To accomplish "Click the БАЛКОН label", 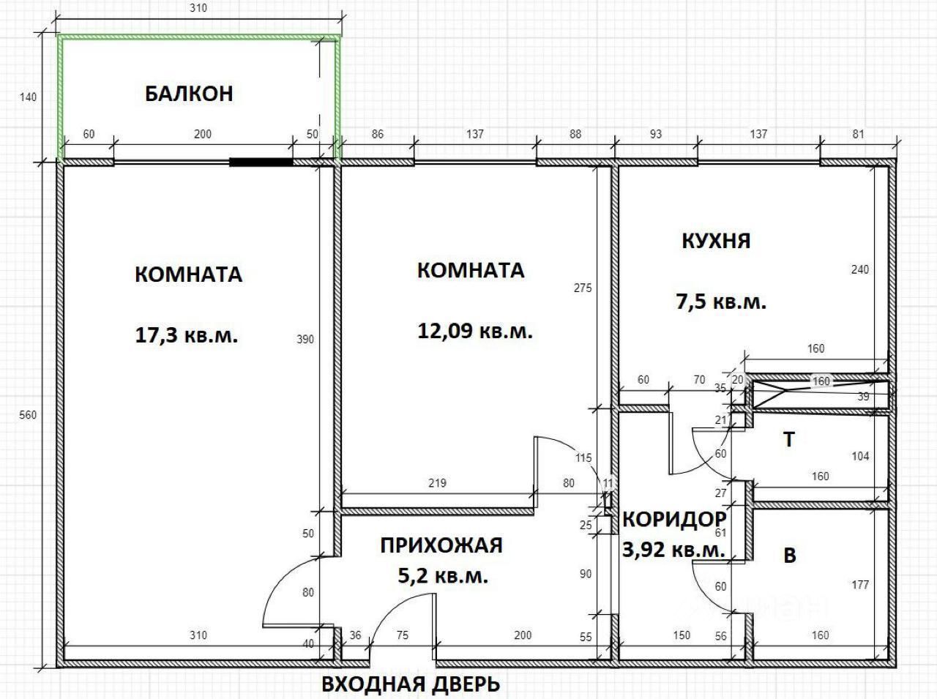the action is tap(189, 94).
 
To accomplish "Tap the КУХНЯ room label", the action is tap(716, 241).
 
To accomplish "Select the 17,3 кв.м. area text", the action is tap(187, 336).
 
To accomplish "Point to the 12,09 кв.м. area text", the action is tap(474, 331).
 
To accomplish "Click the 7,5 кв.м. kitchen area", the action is tap(720, 301).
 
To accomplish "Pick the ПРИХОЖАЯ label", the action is tap(441, 545).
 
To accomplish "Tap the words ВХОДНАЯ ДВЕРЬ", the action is tap(411, 684).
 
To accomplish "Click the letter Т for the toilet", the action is tap(788, 440).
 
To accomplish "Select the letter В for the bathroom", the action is tap(789, 556).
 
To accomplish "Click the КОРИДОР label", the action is tap(673, 519).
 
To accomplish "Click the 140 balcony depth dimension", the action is tap(29, 97).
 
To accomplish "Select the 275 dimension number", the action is tap(582, 288).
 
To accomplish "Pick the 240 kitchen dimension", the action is tap(860, 269).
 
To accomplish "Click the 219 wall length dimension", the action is tap(437, 483).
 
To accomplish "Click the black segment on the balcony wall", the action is tap(261, 162).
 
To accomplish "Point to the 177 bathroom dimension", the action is tap(860, 585).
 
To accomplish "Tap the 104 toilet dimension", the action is tap(860, 456).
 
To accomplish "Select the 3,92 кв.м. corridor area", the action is tap(673, 550).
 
